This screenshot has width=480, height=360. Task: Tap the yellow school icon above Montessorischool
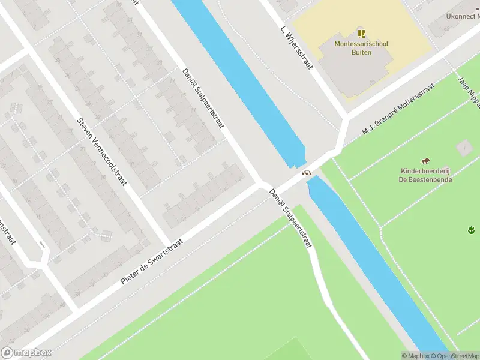coord(361,33)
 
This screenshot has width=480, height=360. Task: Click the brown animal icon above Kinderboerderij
coord(425,161)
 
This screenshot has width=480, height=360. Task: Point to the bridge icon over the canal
coord(307,173)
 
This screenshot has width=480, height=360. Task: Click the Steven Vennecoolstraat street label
coord(102,150)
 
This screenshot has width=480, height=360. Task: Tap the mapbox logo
coord(26,353)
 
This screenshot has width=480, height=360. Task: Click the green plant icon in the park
coord(471,229)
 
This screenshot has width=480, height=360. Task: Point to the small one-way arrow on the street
coord(41,244)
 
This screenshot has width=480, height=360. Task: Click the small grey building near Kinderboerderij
coord(463,146)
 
